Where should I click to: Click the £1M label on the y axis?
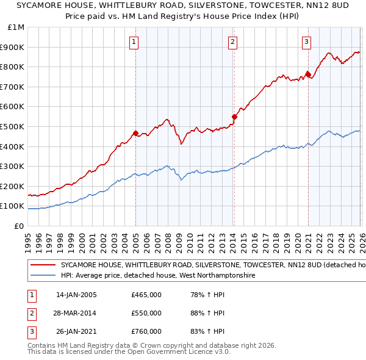(x=16, y=27)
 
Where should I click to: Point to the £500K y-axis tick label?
(x=14, y=126)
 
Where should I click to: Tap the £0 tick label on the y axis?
(x=20, y=226)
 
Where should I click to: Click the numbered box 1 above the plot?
(x=134, y=42)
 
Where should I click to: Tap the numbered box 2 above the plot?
(x=233, y=42)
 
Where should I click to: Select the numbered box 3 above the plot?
(x=306, y=42)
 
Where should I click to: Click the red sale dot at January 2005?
(x=135, y=133)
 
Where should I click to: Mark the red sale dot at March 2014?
(x=234, y=116)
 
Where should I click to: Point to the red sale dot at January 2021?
(x=308, y=74)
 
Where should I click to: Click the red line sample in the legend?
(x=43, y=265)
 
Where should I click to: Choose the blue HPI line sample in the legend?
(x=43, y=276)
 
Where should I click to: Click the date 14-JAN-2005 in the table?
(x=76, y=295)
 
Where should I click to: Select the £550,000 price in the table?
(x=146, y=313)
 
